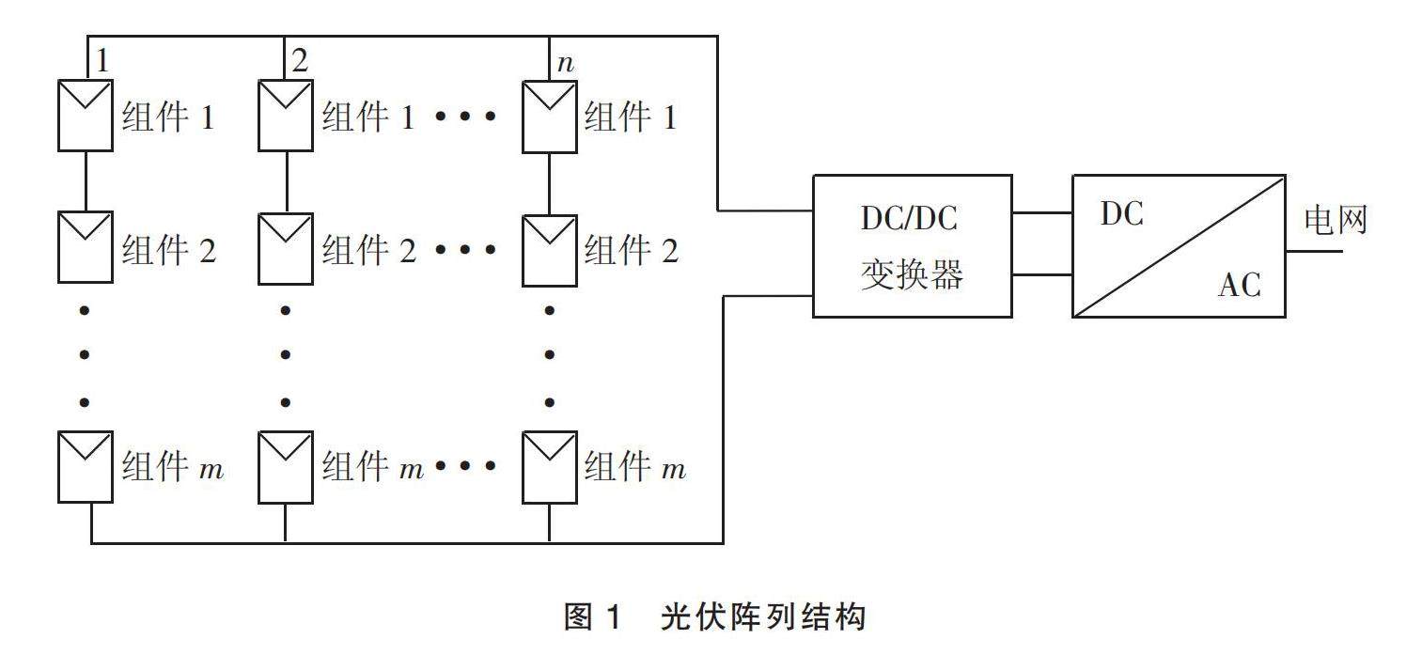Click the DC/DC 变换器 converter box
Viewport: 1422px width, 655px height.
coord(912,245)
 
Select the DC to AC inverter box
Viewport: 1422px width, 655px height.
coord(1179,245)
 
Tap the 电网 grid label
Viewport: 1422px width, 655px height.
coord(1335,221)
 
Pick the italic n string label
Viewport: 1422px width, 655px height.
coord(565,65)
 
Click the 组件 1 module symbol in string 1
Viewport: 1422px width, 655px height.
coord(86,115)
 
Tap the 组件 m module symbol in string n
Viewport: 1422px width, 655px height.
coord(550,467)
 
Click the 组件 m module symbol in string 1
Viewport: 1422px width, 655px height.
coord(86,467)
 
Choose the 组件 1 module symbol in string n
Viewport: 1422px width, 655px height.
coord(550,115)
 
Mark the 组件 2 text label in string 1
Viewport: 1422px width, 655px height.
coord(169,250)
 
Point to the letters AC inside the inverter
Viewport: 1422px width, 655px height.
coord(1239,284)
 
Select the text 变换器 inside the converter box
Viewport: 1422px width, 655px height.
coord(912,274)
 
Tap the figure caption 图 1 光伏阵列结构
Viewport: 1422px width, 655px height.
coord(711,617)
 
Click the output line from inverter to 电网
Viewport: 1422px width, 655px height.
coord(1314,251)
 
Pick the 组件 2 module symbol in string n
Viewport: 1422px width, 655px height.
coord(550,247)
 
